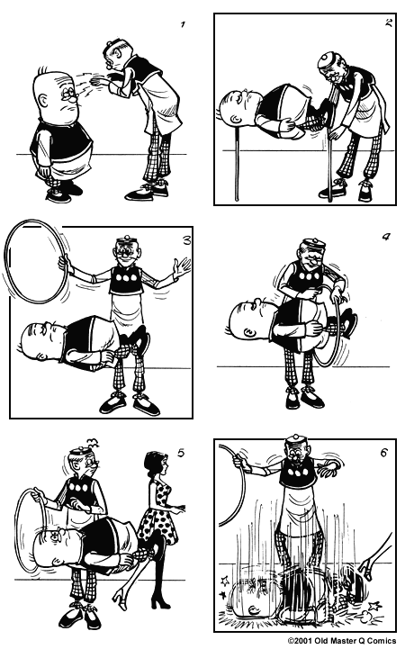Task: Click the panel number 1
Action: click(x=182, y=24)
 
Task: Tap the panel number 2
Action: click(x=388, y=24)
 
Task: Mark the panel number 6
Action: click(x=384, y=453)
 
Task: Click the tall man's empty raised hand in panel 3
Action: click(x=182, y=267)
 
